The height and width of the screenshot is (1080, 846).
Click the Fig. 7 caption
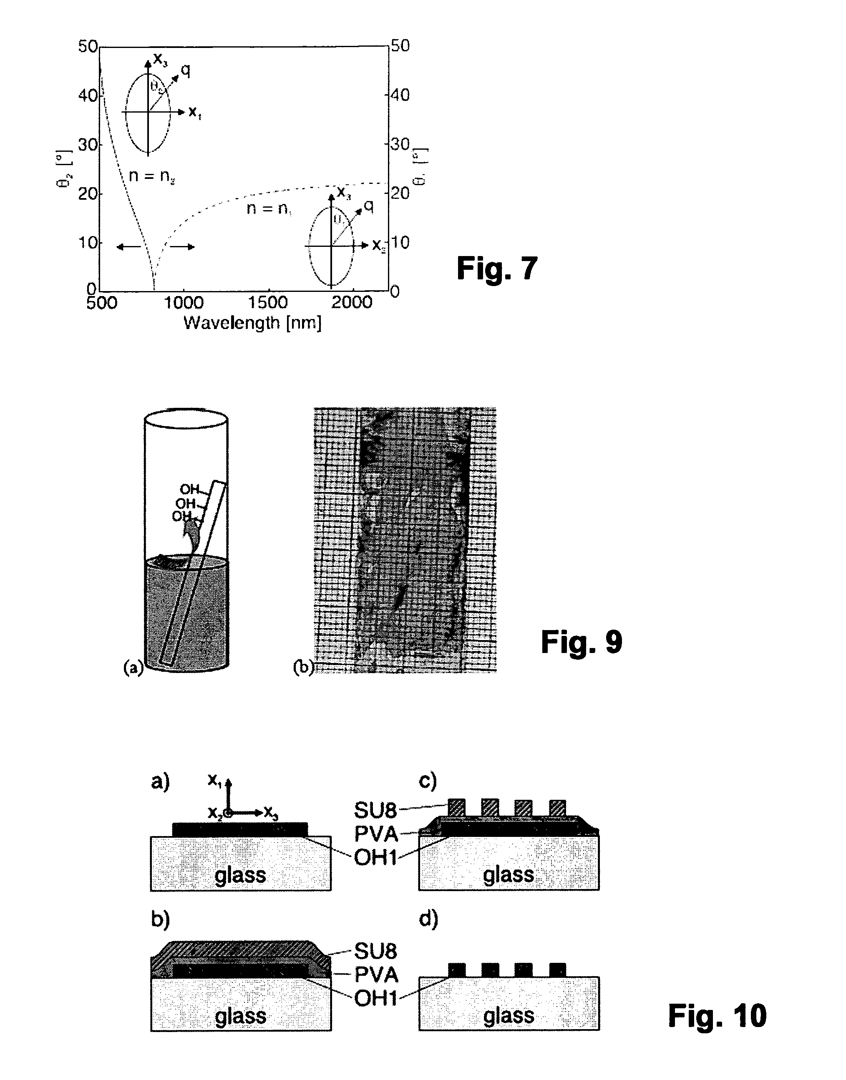pyautogui.click(x=497, y=269)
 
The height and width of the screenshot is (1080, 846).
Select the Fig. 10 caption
pyautogui.click(x=717, y=1016)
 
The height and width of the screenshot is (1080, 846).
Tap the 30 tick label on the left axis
pyautogui.click(x=88, y=145)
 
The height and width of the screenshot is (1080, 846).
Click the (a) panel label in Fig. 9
pyautogui.click(x=133, y=668)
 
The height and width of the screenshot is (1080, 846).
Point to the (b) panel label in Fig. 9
pyautogui.click(x=303, y=668)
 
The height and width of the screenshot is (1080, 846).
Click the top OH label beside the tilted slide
pyautogui.click(x=189, y=489)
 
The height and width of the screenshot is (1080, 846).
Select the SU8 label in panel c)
pyautogui.click(x=375, y=811)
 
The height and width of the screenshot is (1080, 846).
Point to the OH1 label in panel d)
pyautogui.click(x=376, y=998)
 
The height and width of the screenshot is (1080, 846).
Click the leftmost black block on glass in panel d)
pyautogui.click(x=457, y=969)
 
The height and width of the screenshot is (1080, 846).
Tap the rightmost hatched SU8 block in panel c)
pyautogui.click(x=558, y=808)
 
